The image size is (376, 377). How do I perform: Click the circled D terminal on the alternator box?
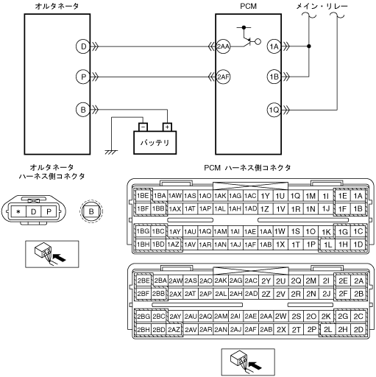(83, 46)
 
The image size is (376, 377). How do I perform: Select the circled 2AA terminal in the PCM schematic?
(223, 46)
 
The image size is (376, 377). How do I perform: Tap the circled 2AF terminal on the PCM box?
(223, 77)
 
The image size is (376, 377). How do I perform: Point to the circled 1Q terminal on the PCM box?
(274, 110)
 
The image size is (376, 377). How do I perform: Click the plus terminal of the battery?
(167, 127)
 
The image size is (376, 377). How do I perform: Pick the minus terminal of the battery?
(143, 127)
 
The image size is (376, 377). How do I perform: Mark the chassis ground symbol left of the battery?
(111, 152)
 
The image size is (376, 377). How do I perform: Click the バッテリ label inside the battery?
(155, 143)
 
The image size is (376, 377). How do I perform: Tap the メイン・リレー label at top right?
(322, 7)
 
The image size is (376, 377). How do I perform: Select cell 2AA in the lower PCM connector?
(266, 317)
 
